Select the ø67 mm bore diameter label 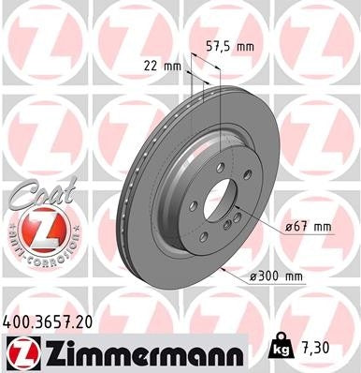click(x=309, y=226)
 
